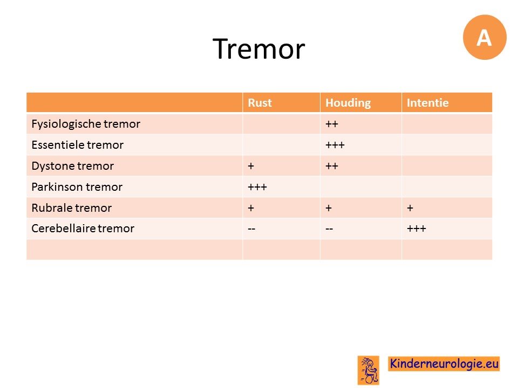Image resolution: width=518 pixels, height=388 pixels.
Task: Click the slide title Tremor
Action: (x=258, y=49)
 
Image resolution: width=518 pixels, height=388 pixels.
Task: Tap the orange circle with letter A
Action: (x=485, y=37)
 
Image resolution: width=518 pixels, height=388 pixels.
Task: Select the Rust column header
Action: (x=260, y=102)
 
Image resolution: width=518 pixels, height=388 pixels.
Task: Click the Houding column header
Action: (x=348, y=103)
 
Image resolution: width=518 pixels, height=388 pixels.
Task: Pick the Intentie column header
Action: (x=427, y=102)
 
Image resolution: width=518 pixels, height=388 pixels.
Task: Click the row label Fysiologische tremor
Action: (x=86, y=124)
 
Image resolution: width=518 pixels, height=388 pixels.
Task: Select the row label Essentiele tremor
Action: (x=78, y=145)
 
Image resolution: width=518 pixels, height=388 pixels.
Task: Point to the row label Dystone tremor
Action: (x=73, y=166)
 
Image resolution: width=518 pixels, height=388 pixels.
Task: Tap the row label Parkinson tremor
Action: (x=77, y=187)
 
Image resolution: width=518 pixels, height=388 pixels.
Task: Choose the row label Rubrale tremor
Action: (x=72, y=208)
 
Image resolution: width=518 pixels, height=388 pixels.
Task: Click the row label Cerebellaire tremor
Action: (x=83, y=228)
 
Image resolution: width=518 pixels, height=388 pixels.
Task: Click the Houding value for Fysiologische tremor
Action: (x=332, y=124)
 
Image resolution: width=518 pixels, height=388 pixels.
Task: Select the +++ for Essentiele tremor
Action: (x=335, y=145)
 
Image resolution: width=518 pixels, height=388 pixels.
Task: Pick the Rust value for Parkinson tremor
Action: (x=257, y=187)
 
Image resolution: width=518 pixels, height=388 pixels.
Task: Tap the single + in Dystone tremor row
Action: (x=251, y=166)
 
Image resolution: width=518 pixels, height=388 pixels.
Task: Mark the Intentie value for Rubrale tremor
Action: (x=410, y=208)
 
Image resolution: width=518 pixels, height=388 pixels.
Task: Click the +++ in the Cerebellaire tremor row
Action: (x=416, y=228)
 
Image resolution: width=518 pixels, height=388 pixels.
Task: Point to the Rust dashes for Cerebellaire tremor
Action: (x=251, y=228)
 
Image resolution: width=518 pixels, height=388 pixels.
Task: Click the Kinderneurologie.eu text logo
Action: (x=444, y=364)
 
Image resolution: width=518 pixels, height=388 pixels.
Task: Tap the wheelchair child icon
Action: (x=369, y=370)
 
